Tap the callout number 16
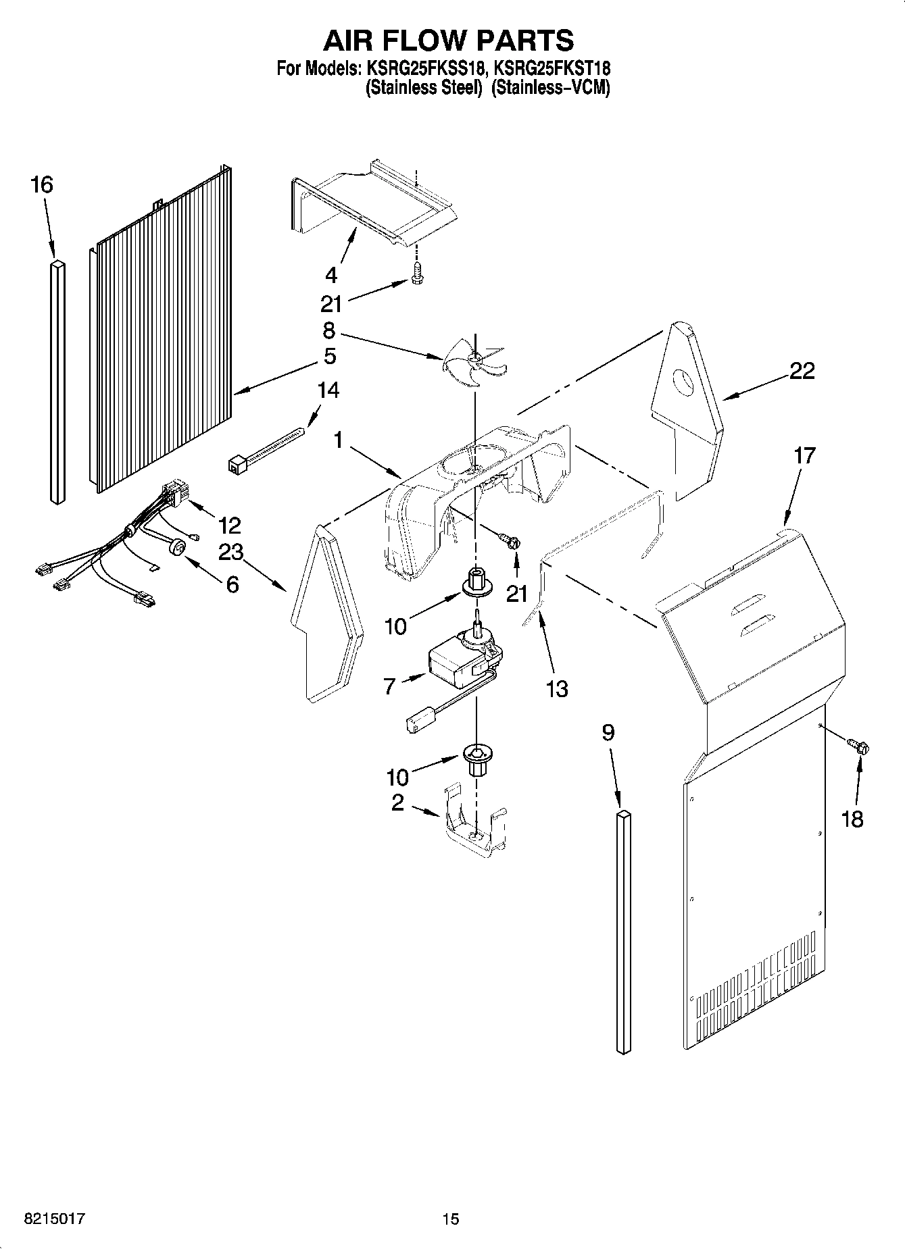coord(42,184)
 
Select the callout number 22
coord(802,371)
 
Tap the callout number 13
coord(557,689)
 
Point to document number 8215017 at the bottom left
coord(54,1219)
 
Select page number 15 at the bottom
coord(450,1219)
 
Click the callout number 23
coord(230,553)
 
